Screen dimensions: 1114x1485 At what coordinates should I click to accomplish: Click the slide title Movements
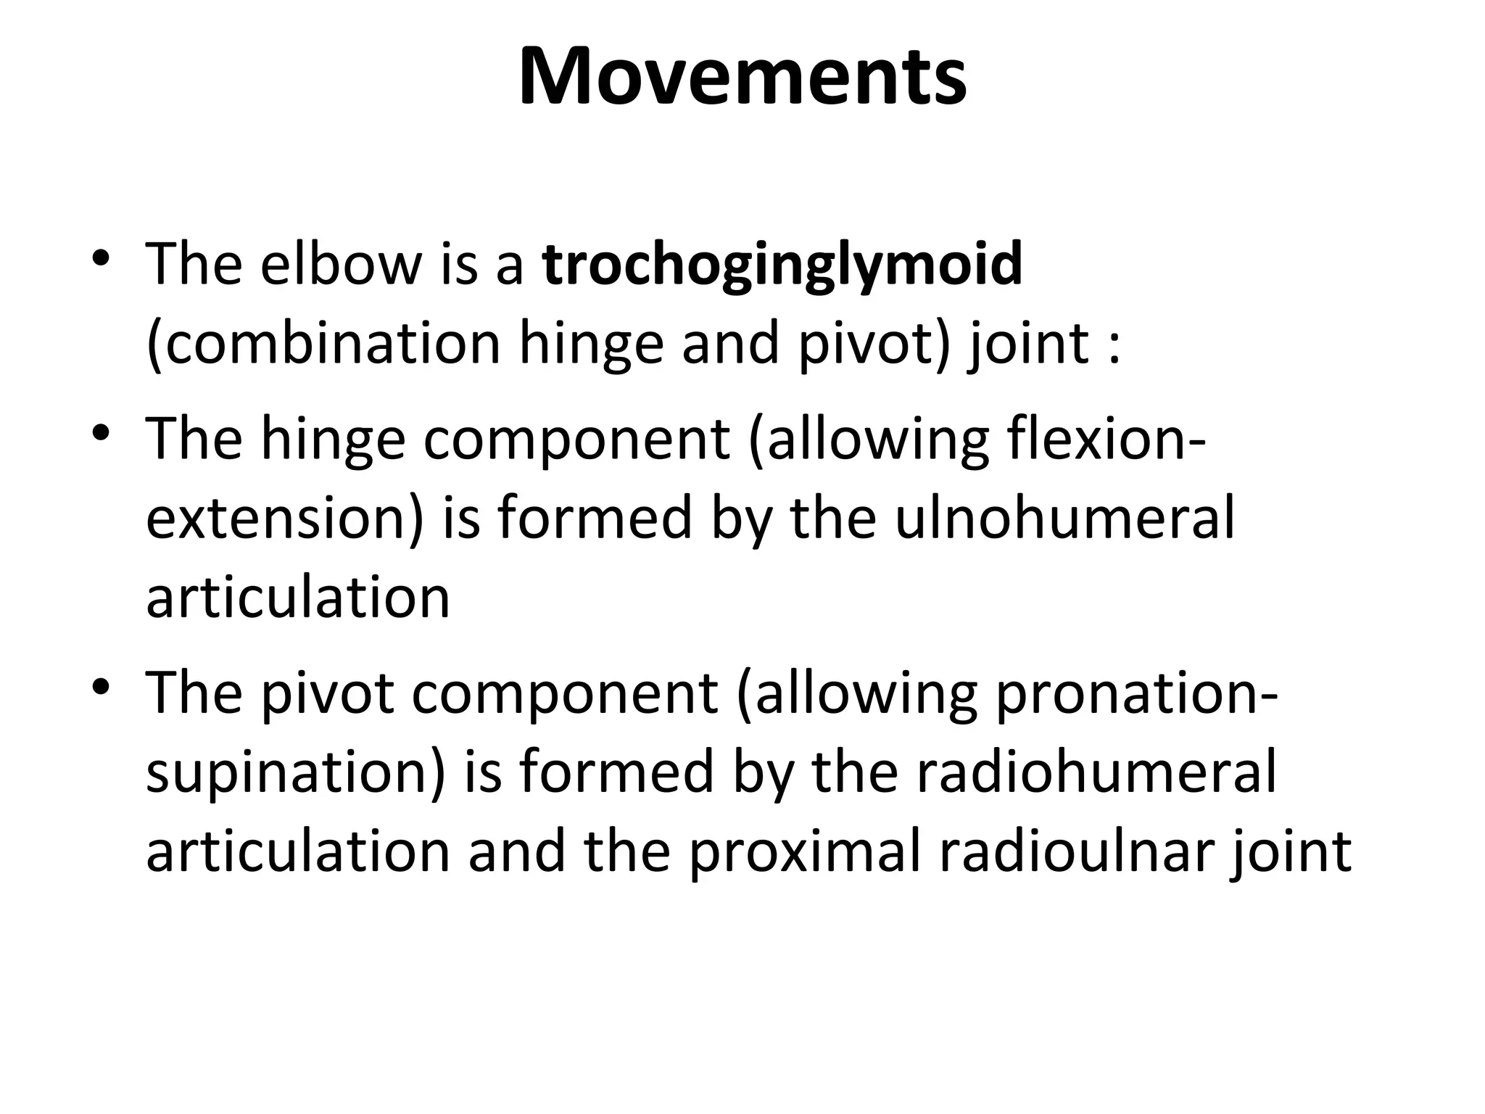(742, 77)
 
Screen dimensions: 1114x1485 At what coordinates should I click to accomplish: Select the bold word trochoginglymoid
(782, 265)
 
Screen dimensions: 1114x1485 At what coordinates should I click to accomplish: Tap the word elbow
(341, 264)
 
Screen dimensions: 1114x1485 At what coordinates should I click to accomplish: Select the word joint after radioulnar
(1291, 851)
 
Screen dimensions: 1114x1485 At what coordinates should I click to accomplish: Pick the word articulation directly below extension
(298, 598)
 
